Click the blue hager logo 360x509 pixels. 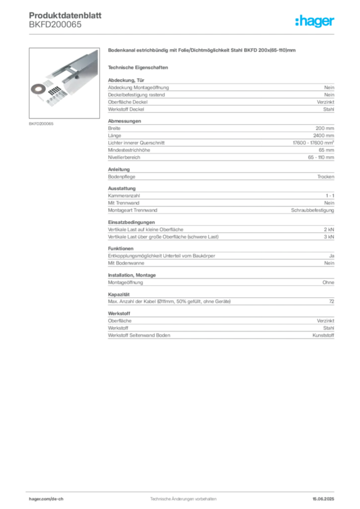tap(315, 21)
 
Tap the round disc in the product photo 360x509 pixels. tap(37, 88)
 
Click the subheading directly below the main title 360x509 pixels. tap(140, 67)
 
